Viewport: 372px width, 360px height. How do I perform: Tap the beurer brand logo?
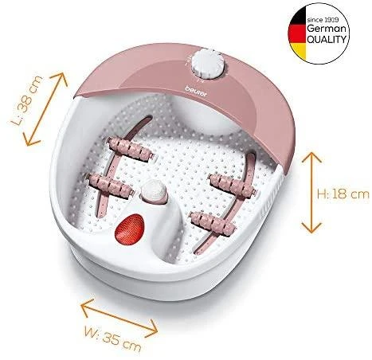[x=197, y=91]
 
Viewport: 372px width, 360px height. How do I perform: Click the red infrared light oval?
[x=129, y=229]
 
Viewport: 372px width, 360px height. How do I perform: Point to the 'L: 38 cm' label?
[x=27, y=100]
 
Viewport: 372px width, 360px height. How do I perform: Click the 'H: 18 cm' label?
[x=343, y=194]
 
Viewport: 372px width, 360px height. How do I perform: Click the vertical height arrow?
[x=311, y=193]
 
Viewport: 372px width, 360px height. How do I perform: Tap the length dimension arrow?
[x=45, y=109]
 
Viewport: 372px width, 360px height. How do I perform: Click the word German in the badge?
[x=327, y=29]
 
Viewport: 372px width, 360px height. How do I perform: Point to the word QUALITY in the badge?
[x=327, y=39]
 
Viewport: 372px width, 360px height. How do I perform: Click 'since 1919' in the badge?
[x=323, y=20]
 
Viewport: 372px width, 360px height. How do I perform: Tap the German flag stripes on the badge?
[x=298, y=34]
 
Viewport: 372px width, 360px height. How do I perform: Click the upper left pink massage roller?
[x=129, y=148]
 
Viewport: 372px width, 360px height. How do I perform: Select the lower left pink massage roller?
[x=110, y=184]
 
